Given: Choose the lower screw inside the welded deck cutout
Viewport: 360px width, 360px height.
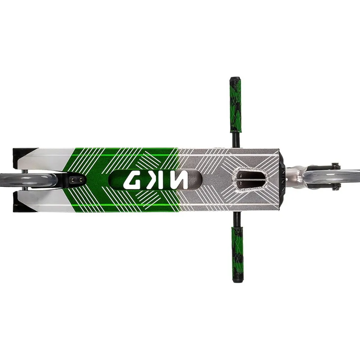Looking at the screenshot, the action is [x=241, y=183].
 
